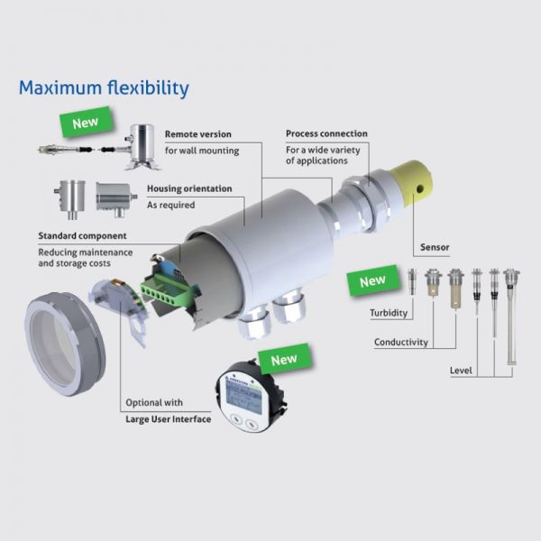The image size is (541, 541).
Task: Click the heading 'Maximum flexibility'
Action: point(104,88)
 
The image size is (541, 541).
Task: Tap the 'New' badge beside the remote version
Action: point(86,122)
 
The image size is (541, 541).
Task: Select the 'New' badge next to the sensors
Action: point(372,280)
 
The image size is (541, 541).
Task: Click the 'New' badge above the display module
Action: point(284,359)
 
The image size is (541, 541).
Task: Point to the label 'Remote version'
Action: point(198,134)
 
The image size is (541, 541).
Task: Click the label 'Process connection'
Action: point(326,133)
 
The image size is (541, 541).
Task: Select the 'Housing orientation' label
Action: point(189,188)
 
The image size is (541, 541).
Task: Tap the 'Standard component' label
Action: point(82,236)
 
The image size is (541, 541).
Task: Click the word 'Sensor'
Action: point(435,247)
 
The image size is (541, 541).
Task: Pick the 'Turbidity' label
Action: point(389,313)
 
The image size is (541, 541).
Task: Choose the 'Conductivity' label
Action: point(401,343)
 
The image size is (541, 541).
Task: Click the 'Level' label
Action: point(461,371)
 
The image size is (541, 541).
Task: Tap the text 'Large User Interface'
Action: point(169,419)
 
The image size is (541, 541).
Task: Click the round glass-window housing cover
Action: point(65,344)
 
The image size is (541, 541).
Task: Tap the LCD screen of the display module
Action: point(243,398)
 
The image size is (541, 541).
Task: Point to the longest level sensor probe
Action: point(511,316)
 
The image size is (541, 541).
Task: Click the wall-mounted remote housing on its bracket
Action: point(142,147)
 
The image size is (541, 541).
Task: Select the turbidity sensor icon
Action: point(412,281)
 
